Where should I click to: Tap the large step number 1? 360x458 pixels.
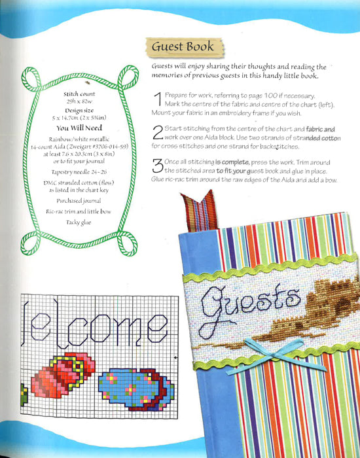pyautogui.click(x=156, y=101)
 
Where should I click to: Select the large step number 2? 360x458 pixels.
pyautogui.click(x=157, y=134)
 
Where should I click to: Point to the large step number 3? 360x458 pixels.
pyautogui.click(x=157, y=168)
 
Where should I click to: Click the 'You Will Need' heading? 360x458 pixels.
pyautogui.click(x=83, y=128)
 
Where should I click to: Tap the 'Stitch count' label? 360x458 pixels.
pyautogui.click(x=83, y=95)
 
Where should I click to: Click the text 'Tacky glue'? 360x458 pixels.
pyautogui.click(x=83, y=222)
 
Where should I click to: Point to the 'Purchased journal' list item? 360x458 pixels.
pyautogui.click(x=83, y=200)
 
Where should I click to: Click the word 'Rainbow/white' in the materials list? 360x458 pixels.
pyautogui.click(x=65, y=139)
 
